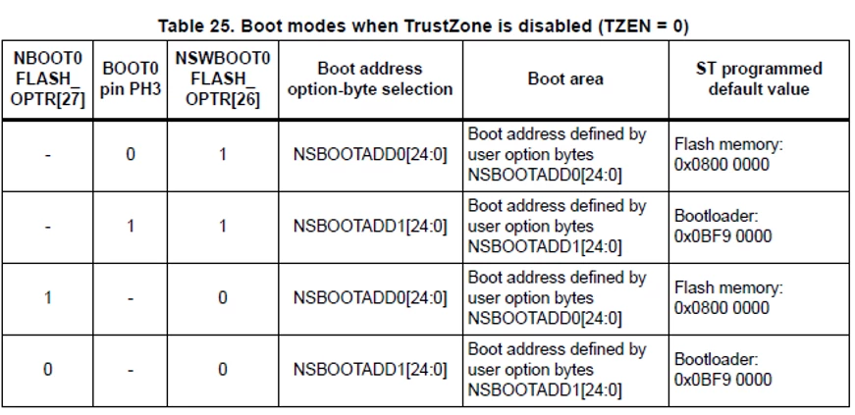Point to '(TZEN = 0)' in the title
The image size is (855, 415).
(x=643, y=26)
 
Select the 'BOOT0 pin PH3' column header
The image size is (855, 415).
(x=131, y=79)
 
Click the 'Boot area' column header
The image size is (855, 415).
(x=565, y=79)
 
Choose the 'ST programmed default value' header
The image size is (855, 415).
(x=759, y=79)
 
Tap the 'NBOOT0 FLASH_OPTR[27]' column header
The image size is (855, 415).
(x=48, y=79)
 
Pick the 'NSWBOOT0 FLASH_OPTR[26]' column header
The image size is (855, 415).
(x=223, y=79)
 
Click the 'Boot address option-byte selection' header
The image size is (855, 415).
(x=370, y=79)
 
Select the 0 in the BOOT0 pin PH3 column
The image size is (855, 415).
(x=131, y=155)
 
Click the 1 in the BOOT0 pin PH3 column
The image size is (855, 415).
(x=131, y=227)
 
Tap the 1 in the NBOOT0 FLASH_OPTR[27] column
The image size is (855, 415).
(x=48, y=297)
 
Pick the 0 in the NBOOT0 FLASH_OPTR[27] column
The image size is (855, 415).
(x=48, y=370)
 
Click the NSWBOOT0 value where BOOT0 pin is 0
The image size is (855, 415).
(x=223, y=155)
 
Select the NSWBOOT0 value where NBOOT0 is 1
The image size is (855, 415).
(x=223, y=297)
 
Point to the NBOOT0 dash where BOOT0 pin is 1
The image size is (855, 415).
(x=48, y=227)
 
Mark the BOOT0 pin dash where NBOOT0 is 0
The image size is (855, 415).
(x=131, y=370)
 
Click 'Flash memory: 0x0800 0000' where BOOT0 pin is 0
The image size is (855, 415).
(x=729, y=155)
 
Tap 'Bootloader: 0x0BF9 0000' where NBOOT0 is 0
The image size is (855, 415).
(x=723, y=370)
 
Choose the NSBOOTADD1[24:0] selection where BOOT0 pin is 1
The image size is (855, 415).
(x=370, y=227)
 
